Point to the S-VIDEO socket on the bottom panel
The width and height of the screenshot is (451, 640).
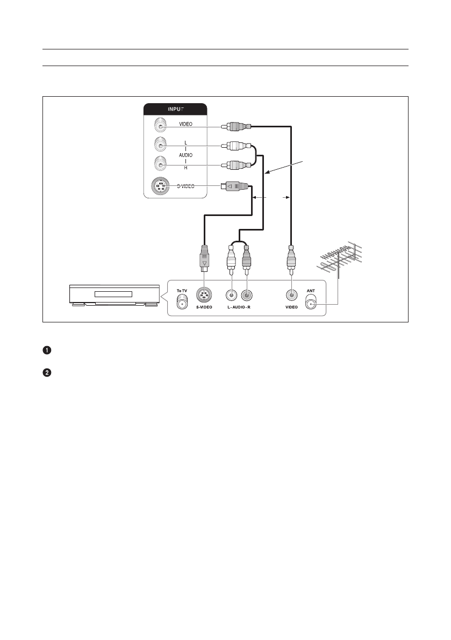tap(204, 295)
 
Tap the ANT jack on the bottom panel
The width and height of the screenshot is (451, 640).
tap(311, 304)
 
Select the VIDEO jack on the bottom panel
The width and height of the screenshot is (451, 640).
tap(291, 295)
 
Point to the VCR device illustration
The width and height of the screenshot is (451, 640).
tap(113, 295)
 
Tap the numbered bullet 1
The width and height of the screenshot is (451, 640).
tap(47, 351)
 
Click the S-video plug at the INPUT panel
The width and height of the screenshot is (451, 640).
tap(235, 187)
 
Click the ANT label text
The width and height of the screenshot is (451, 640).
tap(311, 291)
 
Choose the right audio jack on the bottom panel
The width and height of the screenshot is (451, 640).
tap(246, 295)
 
